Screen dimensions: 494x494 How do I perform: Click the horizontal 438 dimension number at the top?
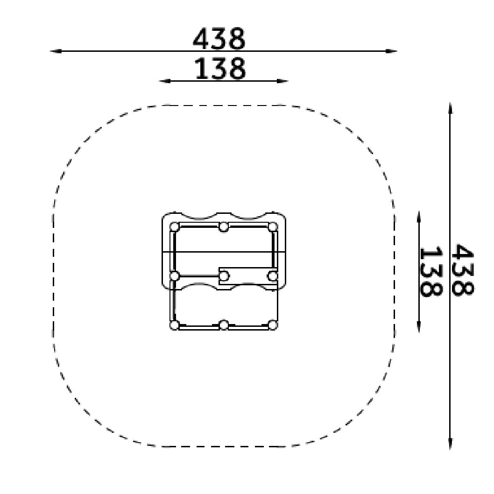tap(219, 39)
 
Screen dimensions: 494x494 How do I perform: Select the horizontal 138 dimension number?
tap(220, 68)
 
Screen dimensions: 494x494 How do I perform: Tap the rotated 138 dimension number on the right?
tap(430, 272)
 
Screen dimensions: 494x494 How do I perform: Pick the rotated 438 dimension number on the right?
tap(462, 269)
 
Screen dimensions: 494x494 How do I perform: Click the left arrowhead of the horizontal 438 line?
tap(56, 51)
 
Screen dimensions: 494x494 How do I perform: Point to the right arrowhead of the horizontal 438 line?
tap(391, 51)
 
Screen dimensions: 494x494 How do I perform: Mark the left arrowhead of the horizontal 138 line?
tap(165, 81)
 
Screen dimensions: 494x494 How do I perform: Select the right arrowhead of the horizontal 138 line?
tap(282, 81)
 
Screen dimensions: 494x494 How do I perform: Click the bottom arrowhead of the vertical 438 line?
tap(451, 444)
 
